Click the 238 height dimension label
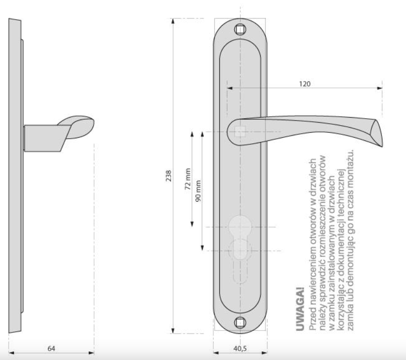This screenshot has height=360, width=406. [169, 176]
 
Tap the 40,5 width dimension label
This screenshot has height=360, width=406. [240, 348]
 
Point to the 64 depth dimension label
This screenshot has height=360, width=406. [51, 348]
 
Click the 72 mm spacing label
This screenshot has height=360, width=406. [188, 179]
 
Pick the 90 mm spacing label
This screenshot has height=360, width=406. [198, 191]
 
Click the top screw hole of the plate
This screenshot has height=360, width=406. [240, 30]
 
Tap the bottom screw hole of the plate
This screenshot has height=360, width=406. [240, 323]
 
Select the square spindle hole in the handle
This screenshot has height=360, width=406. [240, 131]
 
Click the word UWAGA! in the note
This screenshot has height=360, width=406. [299, 309]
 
